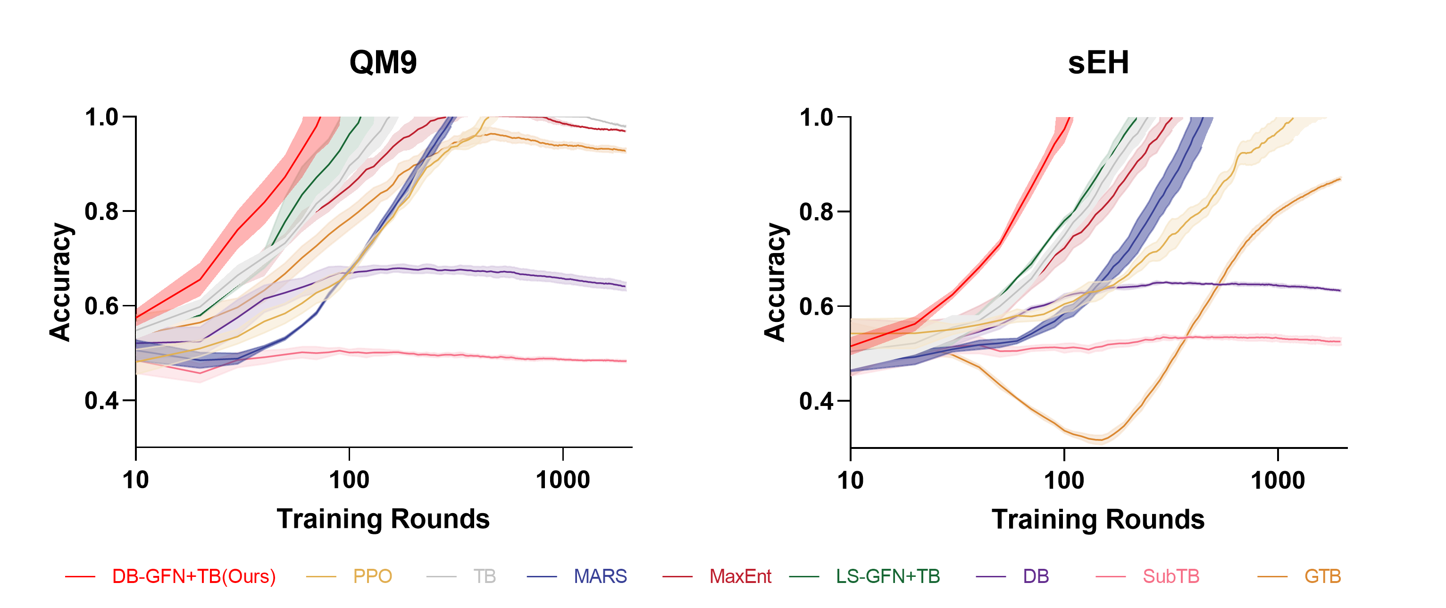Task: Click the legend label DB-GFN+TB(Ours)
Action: click(193, 576)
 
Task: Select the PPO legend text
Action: click(372, 576)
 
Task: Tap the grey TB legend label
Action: click(485, 576)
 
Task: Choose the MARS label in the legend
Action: click(600, 576)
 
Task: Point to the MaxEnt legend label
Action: click(740, 576)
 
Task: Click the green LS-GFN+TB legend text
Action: click(887, 576)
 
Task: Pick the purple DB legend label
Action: click(1036, 576)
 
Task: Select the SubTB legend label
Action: click(1171, 576)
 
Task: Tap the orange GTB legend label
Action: click(1322, 576)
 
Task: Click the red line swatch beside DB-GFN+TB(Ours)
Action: click(80, 576)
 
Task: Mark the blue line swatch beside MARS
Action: click(542, 576)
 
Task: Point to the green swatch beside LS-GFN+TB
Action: click(804, 576)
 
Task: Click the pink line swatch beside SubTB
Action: click(1110, 576)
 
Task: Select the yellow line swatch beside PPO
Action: click(320, 576)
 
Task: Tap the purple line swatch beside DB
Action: click(991, 576)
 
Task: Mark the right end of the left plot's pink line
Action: click(625, 361)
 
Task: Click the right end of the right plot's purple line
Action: click(1340, 290)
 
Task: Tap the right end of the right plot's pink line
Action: click(1340, 341)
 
